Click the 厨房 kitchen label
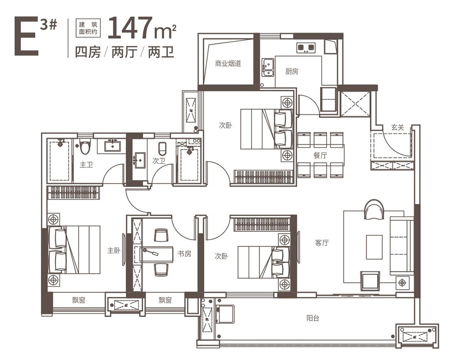tap(292, 71)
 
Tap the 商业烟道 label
tap(228, 63)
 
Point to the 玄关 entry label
tap(397, 127)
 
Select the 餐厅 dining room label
tap(320, 155)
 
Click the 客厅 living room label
tap(322, 243)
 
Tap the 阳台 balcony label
tap(313, 318)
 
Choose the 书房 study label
tap(184, 254)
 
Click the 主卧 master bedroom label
tap(114, 251)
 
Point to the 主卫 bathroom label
tap(86, 165)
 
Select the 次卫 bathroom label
tap(159, 160)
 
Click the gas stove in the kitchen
tap(306, 48)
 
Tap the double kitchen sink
tap(268, 68)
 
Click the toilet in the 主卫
tap(85, 147)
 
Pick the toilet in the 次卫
tap(163, 149)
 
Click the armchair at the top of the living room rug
tap(374, 209)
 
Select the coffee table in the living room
tap(374, 247)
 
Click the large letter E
tap(26, 36)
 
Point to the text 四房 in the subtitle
tap(88, 52)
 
